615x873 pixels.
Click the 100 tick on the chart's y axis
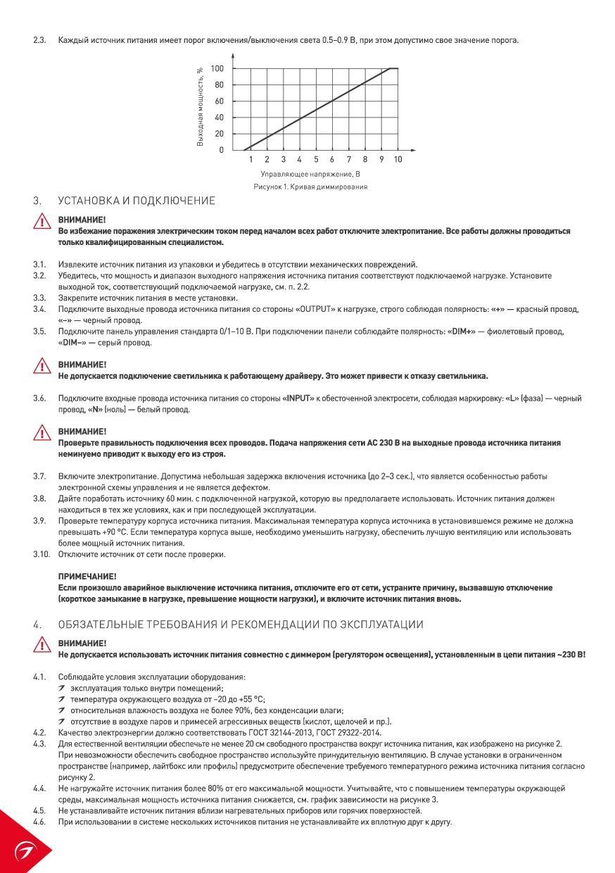tap(217, 68)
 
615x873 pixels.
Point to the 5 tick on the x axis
tap(316, 160)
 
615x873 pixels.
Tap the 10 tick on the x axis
tap(398, 160)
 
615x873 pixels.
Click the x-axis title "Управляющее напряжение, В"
tap(310, 173)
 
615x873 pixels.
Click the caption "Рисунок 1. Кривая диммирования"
tap(310, 187)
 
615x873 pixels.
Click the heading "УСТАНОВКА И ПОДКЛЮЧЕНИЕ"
tap(137, 201)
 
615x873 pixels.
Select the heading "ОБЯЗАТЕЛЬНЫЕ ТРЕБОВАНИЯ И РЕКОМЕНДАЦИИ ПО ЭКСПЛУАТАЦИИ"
tap(241, 624)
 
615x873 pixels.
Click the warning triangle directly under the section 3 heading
tap(44, 222)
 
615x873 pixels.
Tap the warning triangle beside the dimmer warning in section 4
tap(44, 646)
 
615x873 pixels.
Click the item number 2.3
tap(39, 40)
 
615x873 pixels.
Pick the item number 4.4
tap(39, 789)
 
